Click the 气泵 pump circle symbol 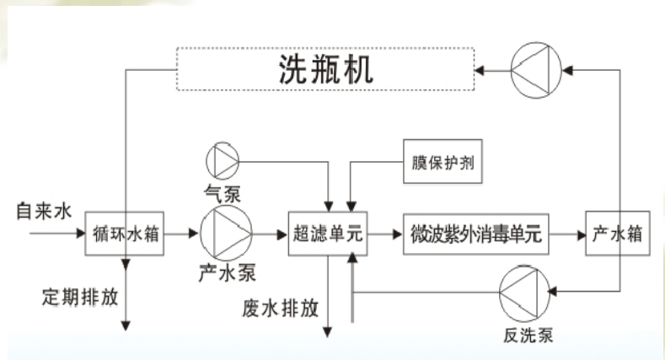223,159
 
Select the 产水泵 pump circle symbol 226,231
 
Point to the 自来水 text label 45,208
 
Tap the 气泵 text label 223,192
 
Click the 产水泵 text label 227,273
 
